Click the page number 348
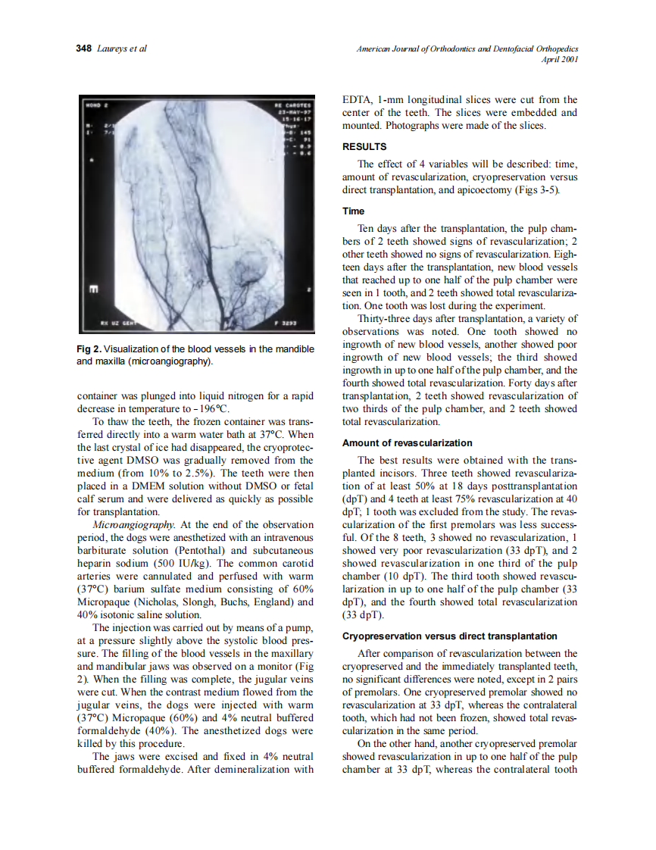click(83, 49)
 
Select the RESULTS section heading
click(364, 147)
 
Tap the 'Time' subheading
click(353, 211)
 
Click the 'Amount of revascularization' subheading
click(407, 443)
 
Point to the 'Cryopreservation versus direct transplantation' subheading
click(450, 636)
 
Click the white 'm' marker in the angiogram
click(93, 289)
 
